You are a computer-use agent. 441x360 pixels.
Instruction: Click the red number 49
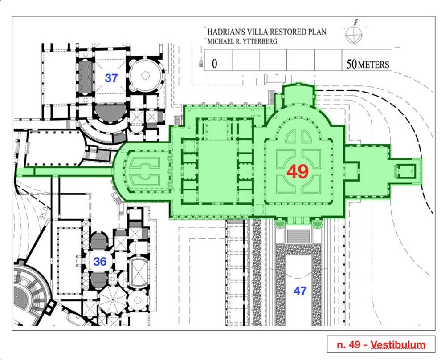coord(298,172)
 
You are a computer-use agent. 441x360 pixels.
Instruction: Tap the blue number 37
coord(111,78)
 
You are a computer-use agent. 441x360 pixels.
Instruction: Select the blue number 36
coord(100,262)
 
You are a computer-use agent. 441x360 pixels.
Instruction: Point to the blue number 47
coord(300,291)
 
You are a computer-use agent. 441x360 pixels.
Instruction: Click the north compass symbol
coord(354,34)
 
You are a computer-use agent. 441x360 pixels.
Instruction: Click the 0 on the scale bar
coord(214,64)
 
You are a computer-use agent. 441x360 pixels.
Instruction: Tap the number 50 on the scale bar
coord(351,65)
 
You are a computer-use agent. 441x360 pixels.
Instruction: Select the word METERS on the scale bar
coord(373,65)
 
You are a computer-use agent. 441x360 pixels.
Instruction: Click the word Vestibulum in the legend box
coord(398,344)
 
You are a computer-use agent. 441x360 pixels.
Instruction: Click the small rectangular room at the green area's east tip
coord(405,171)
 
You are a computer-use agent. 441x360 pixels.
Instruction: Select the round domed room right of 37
coord(145,75)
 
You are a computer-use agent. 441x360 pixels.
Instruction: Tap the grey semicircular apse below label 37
coord(110,112)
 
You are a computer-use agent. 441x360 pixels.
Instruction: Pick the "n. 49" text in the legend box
coord(350,345)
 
